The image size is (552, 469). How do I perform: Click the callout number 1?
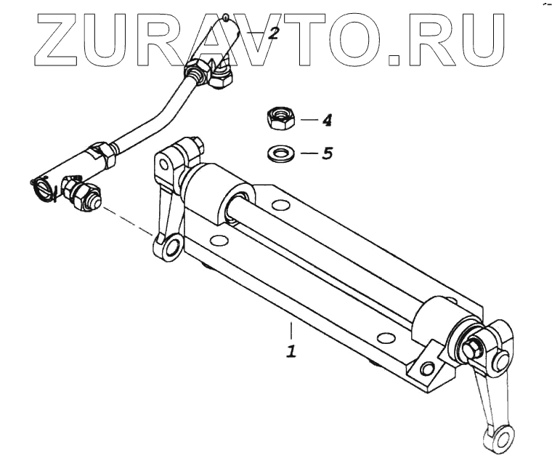click(291, 351)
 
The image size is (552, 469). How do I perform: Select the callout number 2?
click(273, 33)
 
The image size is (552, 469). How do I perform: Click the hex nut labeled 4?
click(280, 118)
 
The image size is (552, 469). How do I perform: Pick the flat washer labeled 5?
click(280, 154)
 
